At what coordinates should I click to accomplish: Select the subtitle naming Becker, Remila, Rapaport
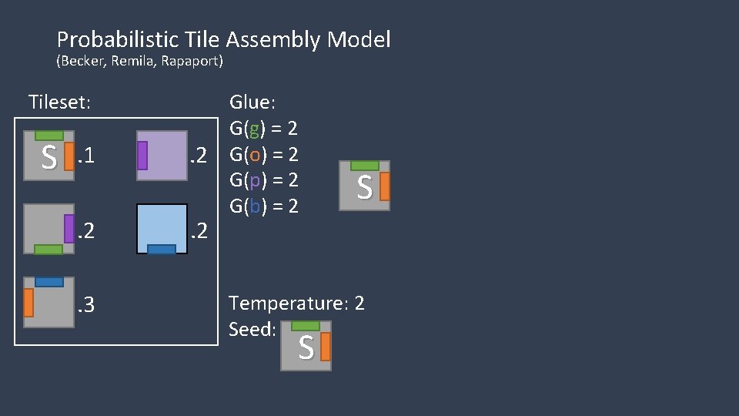coord(139,62)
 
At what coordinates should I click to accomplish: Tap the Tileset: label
coord(59,102)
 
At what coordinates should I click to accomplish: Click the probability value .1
coord(85,157)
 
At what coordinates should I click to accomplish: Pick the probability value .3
coord(85,305)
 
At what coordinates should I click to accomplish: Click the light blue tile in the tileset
coord(162,228)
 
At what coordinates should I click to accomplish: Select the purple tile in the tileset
coord(162,156)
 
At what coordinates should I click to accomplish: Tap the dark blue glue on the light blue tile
coord(161,249)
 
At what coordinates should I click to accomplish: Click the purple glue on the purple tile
coord(142,156)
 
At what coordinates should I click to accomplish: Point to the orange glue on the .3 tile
coord(28,302)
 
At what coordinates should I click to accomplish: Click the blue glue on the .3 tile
coord(48,282)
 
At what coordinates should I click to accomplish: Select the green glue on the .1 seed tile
coord(49,136)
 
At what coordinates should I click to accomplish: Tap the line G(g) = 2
coord(263,128)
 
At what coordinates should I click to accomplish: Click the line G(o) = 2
coord(263,154)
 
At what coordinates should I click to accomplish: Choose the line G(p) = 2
coord(263,180)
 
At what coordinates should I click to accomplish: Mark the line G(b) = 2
coord(263,206)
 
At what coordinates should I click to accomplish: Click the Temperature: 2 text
coord(296,304)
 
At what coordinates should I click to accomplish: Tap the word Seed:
coord(252,329)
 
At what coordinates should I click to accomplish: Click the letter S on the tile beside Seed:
coord(306,349)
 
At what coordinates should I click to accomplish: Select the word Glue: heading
coord(252,102)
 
